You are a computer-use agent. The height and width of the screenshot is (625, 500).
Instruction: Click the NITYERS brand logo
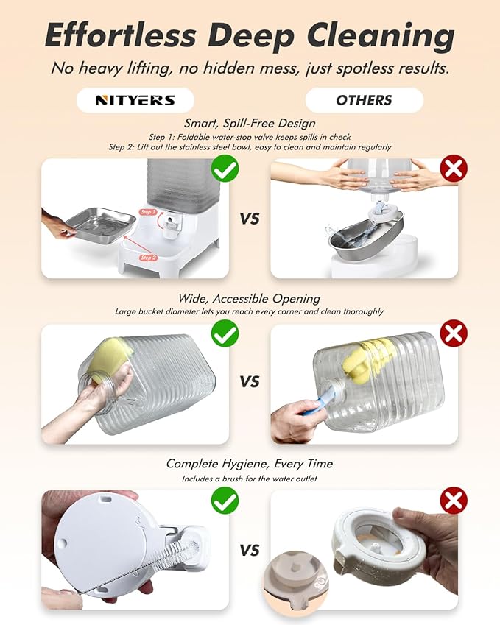point(135,100)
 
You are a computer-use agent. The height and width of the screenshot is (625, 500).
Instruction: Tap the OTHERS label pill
point(364,100)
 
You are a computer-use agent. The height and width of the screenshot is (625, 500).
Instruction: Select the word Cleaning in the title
point(381,36)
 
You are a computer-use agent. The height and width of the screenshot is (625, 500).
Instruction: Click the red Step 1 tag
point(148,212)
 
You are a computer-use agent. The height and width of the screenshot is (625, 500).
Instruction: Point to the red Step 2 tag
point(148,258)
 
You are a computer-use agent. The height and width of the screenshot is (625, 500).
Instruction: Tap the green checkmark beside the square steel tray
point(225,169)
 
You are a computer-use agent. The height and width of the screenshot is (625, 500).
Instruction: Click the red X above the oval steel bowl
point(454,169)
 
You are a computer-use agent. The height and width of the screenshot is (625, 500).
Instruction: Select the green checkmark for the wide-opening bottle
point(225,333)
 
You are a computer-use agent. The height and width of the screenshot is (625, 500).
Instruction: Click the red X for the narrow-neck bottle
point(454,333)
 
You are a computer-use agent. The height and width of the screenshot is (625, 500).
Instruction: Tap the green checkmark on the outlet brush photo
point(225,501)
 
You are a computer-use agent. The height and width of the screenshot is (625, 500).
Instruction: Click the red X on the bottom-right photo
point(454,501)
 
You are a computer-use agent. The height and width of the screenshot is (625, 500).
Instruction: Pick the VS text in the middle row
point(250,382)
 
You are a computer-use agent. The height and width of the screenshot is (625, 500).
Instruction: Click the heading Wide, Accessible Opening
point(249,299)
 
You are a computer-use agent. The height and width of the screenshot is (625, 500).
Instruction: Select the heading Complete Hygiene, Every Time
point(249,464)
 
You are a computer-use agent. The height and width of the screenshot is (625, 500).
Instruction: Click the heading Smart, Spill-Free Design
point(250,123)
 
